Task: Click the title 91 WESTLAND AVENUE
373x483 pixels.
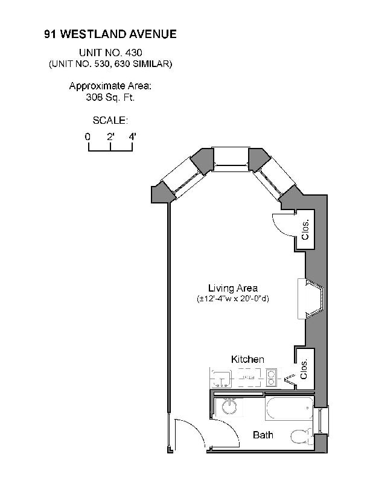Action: pos(110,34)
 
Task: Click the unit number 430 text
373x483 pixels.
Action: pos(110,53)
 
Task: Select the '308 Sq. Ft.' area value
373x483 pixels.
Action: pos(110,96)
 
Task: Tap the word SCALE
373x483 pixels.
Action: pos(110,120)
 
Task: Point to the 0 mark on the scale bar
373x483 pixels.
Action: pos(88,136)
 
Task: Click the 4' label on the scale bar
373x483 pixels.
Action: pos(132,136)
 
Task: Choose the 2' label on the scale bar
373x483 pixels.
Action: pos(110,136)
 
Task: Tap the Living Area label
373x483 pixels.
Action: pos(233,288)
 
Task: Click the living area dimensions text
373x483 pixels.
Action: pos(233,299)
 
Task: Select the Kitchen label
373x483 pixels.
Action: pos(247,359)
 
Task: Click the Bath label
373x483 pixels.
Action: pos(263,435)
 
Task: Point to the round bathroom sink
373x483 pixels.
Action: pos(229,408)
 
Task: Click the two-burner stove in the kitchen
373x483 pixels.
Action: pos(271,377)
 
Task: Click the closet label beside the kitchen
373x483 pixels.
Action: pos(305,366)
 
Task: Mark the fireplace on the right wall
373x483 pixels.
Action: pos(312,299)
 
